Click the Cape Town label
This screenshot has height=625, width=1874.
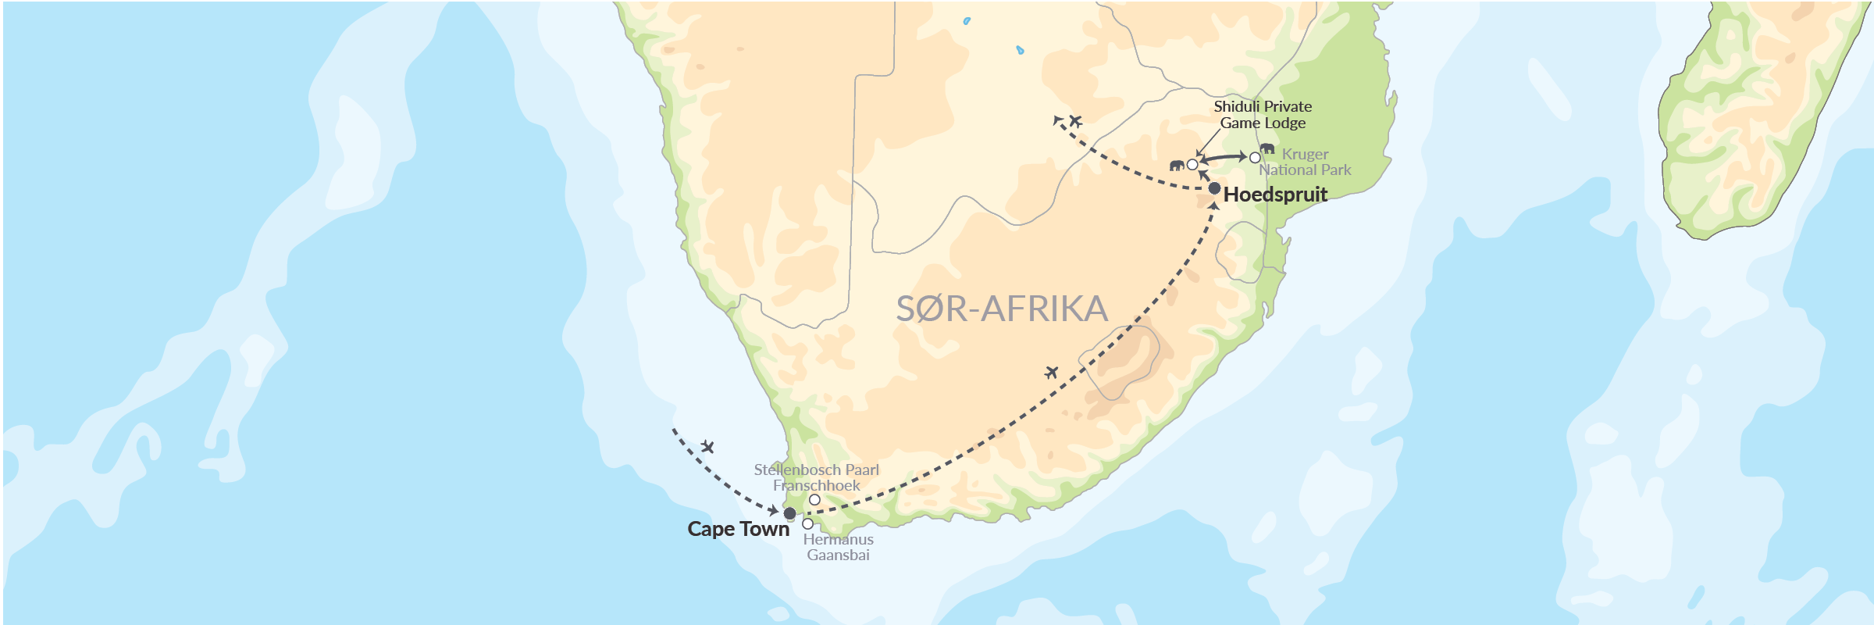[738, 529]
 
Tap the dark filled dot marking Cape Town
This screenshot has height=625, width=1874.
[789, 513]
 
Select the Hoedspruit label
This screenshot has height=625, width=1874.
[1275, 195]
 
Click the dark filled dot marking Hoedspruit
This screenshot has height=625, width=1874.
[1214, 188]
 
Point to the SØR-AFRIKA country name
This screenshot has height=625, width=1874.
[1002, 309]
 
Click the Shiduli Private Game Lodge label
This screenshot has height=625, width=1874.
[1263, 115]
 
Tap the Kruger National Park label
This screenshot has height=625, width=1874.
[1305, 162]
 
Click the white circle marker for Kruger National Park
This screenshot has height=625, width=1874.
[1255, 158]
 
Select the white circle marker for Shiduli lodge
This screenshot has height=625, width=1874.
[1192, 165]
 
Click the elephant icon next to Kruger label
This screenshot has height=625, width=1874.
[1267, 148]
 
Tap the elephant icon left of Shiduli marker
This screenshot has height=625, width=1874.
[1177, 165]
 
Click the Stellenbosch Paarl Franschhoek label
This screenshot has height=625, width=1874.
[816, 477]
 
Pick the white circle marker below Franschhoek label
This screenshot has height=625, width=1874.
[814, 500]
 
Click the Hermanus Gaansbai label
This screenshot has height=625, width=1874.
[838, 547]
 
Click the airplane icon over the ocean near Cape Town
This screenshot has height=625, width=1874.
[707, 447]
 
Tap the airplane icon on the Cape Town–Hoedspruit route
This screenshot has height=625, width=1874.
[1052, 373]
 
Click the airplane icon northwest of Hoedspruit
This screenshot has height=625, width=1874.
[1075, 120]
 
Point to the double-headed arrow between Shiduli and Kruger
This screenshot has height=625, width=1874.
[1224, 158]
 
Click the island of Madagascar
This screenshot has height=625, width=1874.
[1757, 117]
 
